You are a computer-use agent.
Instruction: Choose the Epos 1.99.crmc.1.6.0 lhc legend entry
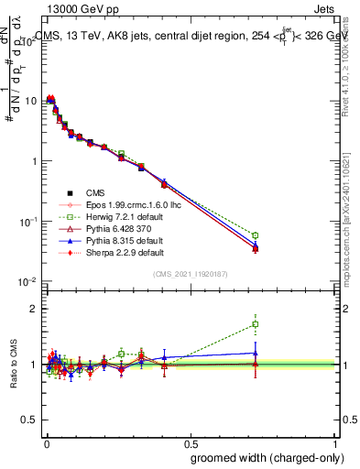point(127,204)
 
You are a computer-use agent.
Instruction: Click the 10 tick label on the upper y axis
point(31,100)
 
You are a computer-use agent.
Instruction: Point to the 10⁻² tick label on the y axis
point(29,281)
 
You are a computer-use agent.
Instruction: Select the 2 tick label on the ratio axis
point(35,309)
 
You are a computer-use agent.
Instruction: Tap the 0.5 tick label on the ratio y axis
point(31,420)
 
